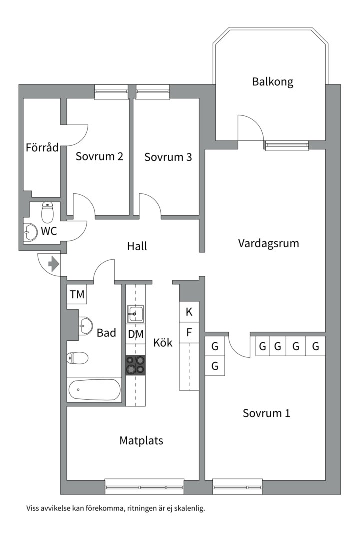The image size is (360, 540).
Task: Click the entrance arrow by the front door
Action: [x=54, y=264]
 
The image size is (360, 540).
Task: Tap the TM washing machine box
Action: [x=77, y=294]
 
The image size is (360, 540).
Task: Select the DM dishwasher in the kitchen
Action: [x=135, y=334]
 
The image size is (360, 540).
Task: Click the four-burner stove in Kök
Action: [x=135, y=365]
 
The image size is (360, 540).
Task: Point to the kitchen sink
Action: [x=135, y=313]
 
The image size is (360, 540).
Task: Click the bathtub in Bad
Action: [x=94, y=390]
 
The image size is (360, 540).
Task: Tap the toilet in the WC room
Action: [x=47, y=212]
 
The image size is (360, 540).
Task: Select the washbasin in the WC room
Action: [x=31, y=232]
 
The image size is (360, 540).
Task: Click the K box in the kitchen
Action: [x=189, y=312]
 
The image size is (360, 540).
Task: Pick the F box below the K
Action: [x=189, y=332]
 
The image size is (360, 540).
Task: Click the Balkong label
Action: [x=273, y=82]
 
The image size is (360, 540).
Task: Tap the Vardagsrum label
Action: [x=268, y=243]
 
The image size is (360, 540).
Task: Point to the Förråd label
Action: [x=42, y=147]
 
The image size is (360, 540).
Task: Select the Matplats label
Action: [x=141, y=441]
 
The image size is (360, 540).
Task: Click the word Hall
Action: [x=137, y=246]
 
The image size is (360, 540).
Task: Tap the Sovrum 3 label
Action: [x=168, y=157]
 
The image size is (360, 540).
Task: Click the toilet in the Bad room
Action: [x=78, y=358]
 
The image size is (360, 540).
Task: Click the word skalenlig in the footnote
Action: [x=189, y=508]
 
